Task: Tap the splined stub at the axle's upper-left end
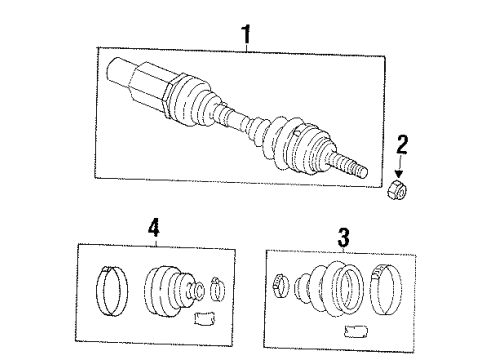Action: coord(119,73)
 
